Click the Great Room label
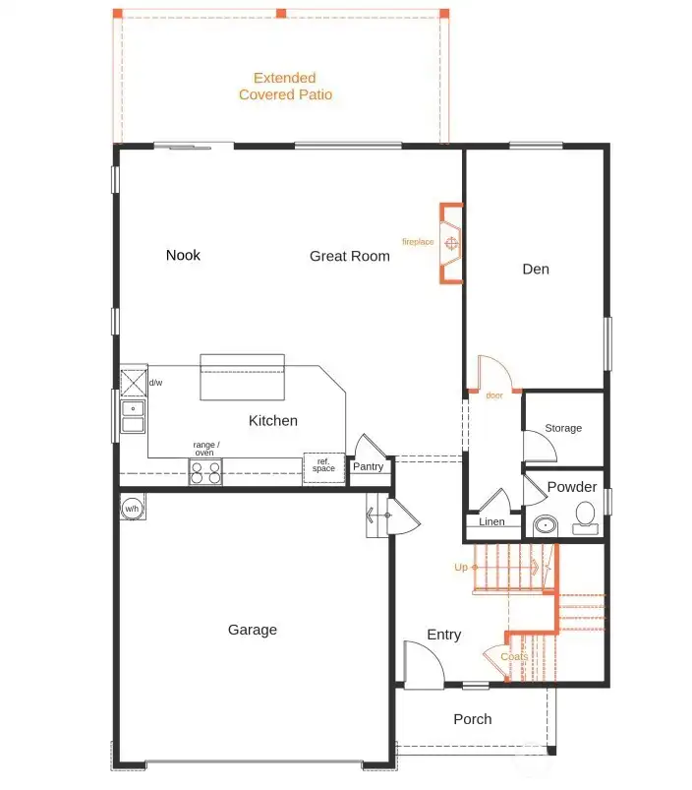tap(349, 256)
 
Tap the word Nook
tap(183, 255)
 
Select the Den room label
tap(536, 269)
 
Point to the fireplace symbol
tap(451, 243)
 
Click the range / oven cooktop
tap(205, 472)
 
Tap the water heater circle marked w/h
tap(132, 509)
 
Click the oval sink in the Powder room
tap(546, 525)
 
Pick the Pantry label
tap(368, 466)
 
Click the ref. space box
tap(324, 467)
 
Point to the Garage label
tap(253, 630)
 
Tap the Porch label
tap(473, 719)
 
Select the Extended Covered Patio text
tap(285, 87)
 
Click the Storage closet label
tap(563, 428)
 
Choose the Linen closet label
tap(491, 521)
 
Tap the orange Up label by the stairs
tap(461, 567)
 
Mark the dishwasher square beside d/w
tap(134, 383)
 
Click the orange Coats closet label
tap(514, 656)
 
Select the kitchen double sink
tap(133, 417)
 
